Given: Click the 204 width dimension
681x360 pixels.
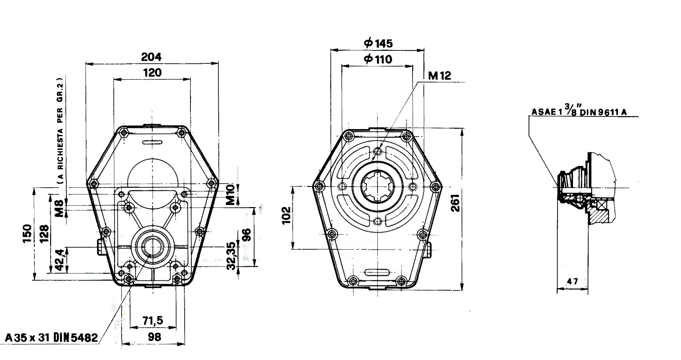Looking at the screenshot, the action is click(x=151, y=57).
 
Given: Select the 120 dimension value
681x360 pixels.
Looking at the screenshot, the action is click(x=152, y=73).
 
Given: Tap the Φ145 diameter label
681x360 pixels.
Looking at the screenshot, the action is click(x=378, y=43).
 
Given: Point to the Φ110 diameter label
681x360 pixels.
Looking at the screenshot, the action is click(x=378, y=59).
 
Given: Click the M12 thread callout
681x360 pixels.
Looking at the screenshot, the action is click(x=439, y=76).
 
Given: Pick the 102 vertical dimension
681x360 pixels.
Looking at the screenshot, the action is click(x=287, y=215).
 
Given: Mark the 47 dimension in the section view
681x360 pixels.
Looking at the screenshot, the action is click(x=572, y=281).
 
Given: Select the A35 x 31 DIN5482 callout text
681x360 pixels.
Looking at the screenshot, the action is click(x=52, y=338).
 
